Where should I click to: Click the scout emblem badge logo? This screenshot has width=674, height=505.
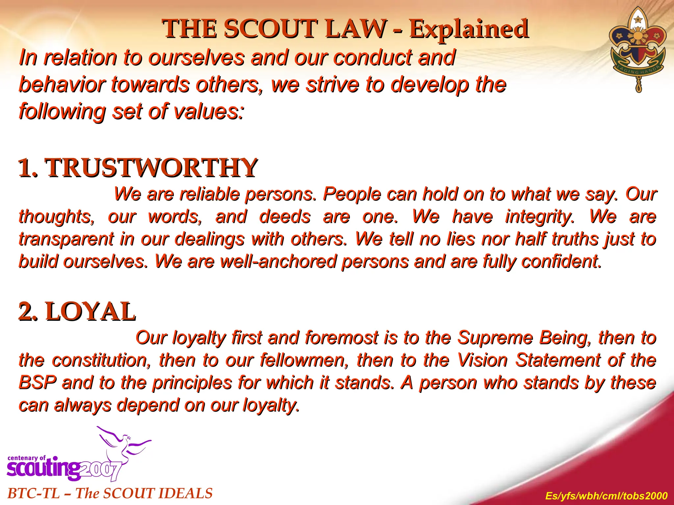(x=637, y=49)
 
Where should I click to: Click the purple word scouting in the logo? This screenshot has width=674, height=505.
(x=43, y=468)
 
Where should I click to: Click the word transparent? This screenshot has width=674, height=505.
(x=66, y=239)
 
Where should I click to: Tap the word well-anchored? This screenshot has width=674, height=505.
(x=279, y=262)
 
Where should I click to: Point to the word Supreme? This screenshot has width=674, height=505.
(x=495, y=338)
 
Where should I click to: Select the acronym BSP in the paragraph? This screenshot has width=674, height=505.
(x=38, y=383)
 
